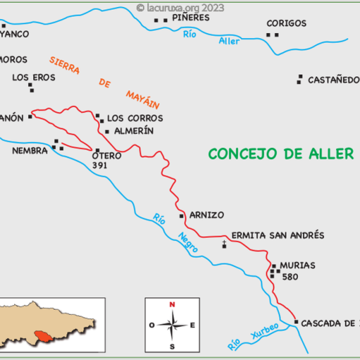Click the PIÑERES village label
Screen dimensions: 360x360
tap(191, 17)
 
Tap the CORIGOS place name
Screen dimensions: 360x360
tap(286, 23)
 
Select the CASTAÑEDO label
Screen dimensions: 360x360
tap(333, 80)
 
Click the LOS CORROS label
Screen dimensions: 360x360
tap(135, 118)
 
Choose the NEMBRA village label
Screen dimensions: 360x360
tap(30, 150)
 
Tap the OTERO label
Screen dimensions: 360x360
tap(107, 156)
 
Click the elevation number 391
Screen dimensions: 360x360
tap(101, 164)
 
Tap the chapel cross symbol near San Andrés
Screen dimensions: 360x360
tap(225, 244)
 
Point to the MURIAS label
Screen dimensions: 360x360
tap(297, 265)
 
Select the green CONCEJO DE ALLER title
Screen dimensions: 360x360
tap(280, 154)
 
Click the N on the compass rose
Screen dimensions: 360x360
tap(172, 305)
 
